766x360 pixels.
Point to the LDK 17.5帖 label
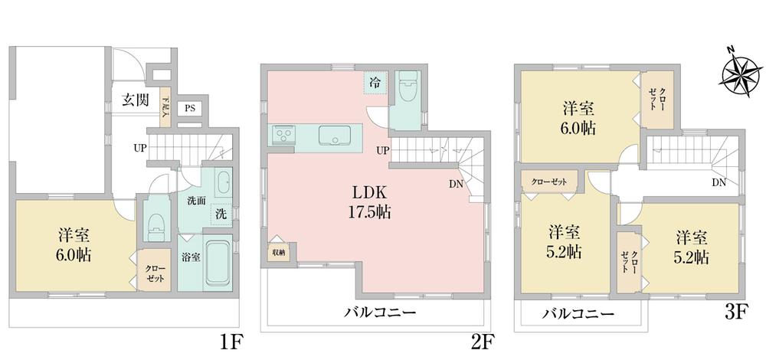[372, 201]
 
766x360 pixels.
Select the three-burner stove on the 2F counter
[282, 136]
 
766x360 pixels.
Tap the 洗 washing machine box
[220, 212]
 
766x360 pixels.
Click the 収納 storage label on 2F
[278, 252]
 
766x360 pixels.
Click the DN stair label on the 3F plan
[719, 182]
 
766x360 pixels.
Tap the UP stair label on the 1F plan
[141, 147]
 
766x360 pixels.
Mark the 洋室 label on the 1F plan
[74, 234]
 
